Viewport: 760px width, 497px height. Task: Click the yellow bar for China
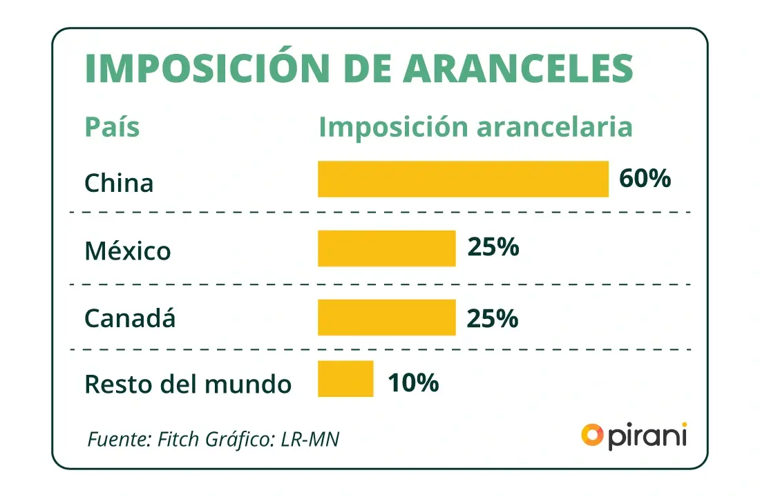[x=463, y=179]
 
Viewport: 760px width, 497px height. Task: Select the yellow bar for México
[x=386, y=248]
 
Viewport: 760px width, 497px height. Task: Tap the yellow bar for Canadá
[x=386, y=317]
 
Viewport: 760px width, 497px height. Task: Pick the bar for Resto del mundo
[x=345, y=378]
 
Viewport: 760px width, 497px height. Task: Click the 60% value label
[x=645, y=178]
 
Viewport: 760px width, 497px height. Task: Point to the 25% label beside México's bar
[x=493, y=247]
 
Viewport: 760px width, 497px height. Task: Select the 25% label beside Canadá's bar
[x=493, y=318]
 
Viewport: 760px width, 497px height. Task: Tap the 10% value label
[x=413, y=382]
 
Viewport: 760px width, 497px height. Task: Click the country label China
[x=119, y=183]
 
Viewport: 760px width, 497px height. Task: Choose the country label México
[x=127, y=251]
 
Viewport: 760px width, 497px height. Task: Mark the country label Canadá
[x=130, y=318]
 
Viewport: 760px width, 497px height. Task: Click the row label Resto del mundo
[x=188, y=384]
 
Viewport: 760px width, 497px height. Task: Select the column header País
[x=112, y=128]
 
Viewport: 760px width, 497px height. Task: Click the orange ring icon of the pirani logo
[x=592, y=435]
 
